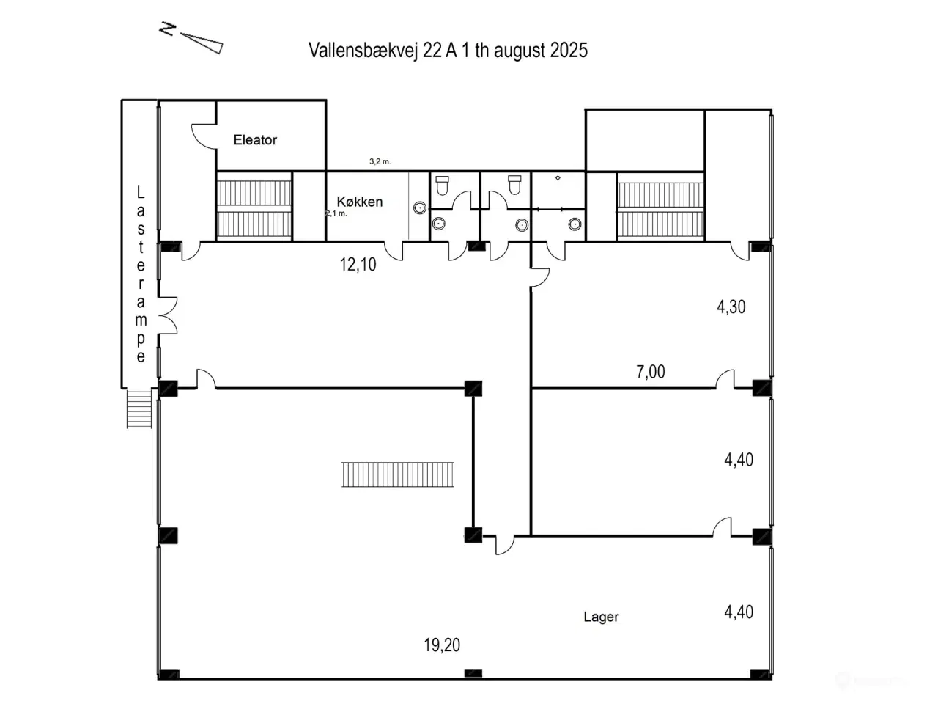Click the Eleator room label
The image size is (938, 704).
(x=255, y=140)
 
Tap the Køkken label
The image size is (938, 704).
(x=359, y=202)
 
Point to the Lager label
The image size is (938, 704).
(x=601, y=617)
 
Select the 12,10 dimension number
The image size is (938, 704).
(x=358, y=265)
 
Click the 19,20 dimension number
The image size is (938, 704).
(x=442, y=645)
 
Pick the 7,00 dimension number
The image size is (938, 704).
(x=651, y=372)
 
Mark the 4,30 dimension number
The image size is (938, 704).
(x=731, y=307)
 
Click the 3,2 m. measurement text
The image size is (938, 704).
(x=380, y=161)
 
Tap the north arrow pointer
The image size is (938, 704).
(x=202, y=43)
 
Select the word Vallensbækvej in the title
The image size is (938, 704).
(x=363, y=51)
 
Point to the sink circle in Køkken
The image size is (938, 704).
(x=420, y=208)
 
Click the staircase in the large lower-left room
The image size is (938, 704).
(x=397, y=474)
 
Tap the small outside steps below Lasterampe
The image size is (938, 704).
(x=139, y=408)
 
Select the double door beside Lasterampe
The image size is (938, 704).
(x=168, y=315)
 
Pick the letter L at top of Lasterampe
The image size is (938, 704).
(x=141, y=192)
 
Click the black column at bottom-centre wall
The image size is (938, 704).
(x=473, y=673)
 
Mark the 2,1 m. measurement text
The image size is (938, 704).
(x=336, y=213)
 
